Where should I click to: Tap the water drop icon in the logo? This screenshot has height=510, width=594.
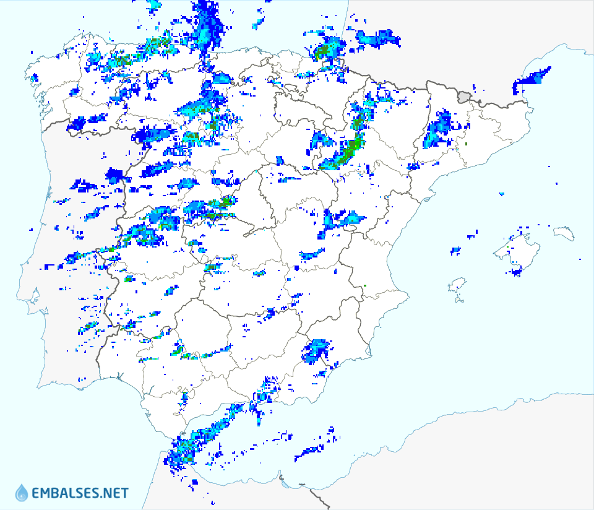(22, 493)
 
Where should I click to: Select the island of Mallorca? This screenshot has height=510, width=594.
(517, 251)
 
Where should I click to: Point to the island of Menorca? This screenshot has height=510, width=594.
(564, 233)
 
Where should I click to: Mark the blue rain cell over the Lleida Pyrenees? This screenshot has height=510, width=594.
(439, 129)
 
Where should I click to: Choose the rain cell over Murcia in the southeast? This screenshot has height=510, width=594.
(317, 351)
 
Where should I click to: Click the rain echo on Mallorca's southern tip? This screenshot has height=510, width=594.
(516, 270)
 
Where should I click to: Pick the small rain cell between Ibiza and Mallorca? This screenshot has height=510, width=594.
(456, 251)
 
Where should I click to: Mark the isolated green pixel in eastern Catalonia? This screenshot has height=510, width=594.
(466, 144)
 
